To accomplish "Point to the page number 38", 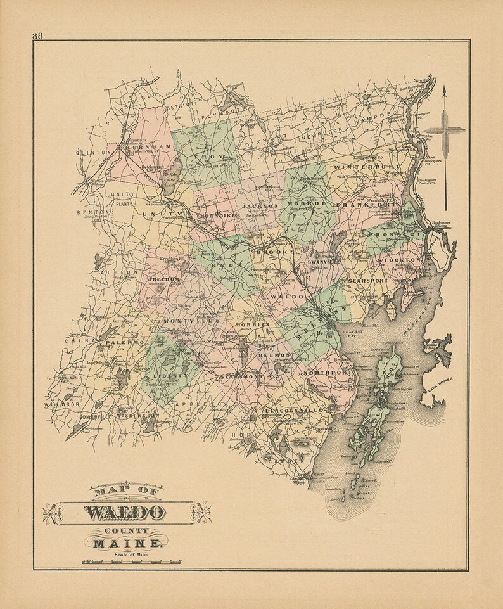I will (37, 35).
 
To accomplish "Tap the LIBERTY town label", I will (170, 375).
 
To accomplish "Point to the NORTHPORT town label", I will (322, 373).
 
